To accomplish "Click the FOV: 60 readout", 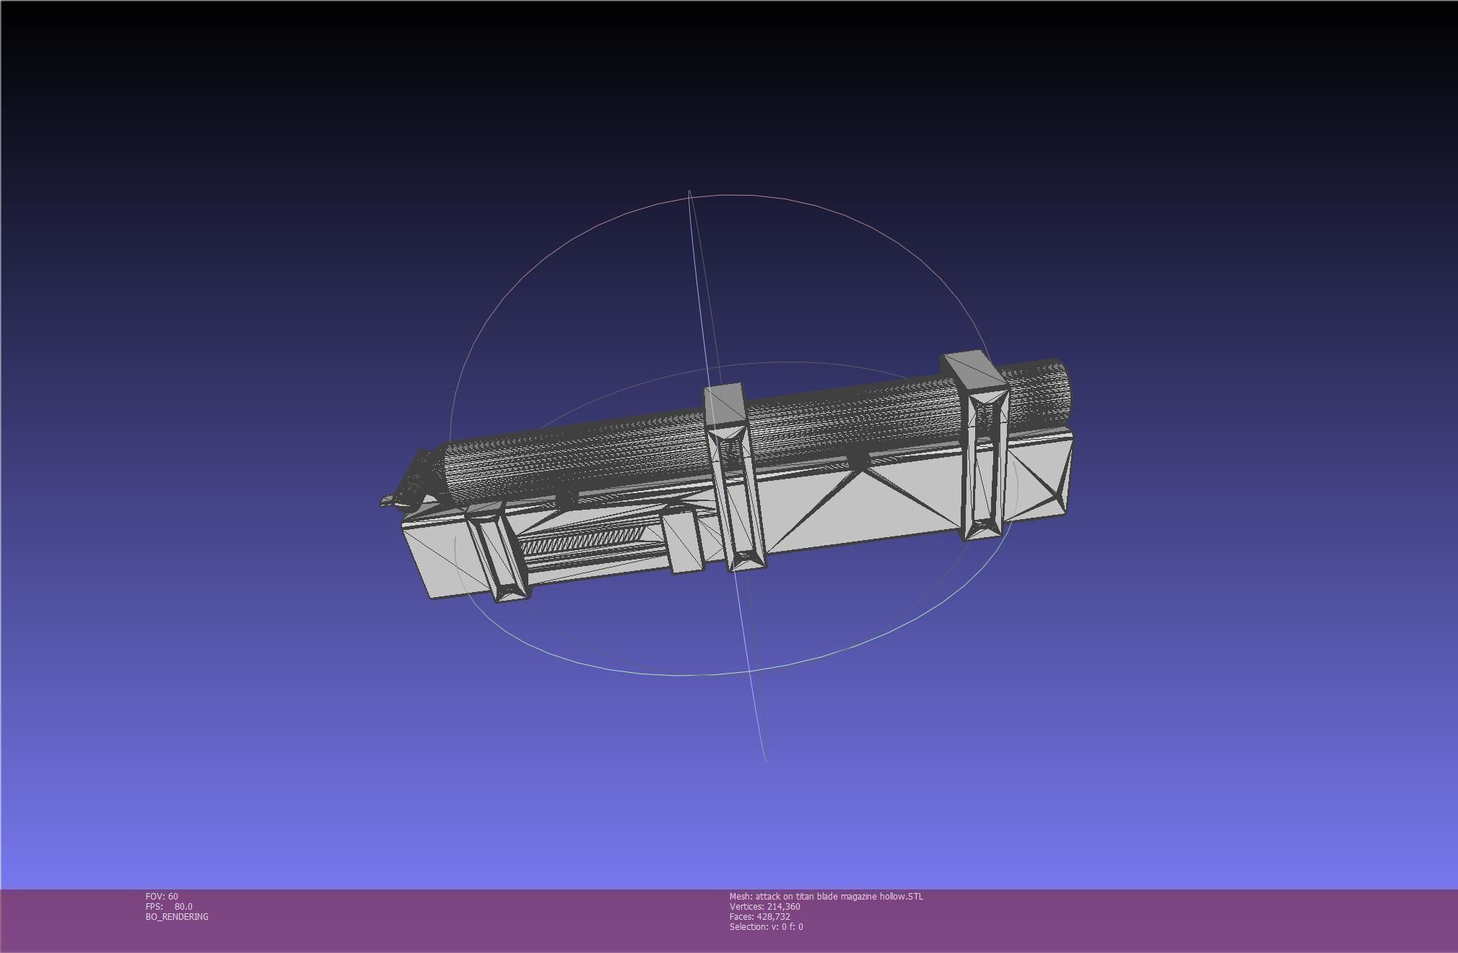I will click(162, 897).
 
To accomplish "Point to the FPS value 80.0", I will click(183, 907).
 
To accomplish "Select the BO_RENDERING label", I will click(177, 917).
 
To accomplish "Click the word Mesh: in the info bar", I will click(741, 897).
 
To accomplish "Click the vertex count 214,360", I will click(783, 907).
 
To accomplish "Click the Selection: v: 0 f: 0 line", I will click(766, 927).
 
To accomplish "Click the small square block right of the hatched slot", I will click(681, 540).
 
